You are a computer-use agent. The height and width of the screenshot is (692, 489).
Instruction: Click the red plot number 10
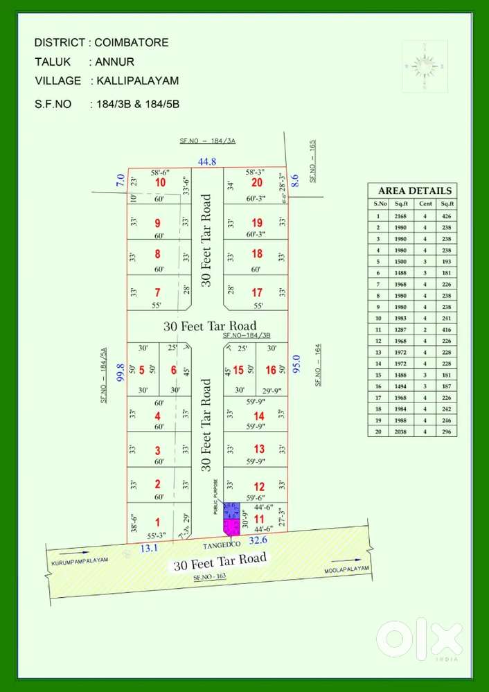[161, 183]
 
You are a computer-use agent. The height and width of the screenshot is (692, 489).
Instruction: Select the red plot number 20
[257, 183]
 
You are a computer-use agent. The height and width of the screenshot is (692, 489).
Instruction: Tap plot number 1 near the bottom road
[159, 522]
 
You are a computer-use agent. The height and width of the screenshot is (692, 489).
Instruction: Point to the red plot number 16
[271, 370]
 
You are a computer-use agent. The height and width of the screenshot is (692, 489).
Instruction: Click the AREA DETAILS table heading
[414, 190]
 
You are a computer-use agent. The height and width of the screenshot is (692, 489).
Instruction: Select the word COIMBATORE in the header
[132, 43]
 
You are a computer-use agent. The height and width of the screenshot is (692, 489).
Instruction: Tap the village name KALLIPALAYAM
[138, 81]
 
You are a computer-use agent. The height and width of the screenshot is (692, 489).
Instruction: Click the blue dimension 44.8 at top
[207, 161]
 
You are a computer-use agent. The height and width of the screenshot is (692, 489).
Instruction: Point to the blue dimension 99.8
[120, 373]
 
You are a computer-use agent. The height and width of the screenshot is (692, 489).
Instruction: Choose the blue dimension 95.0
[296, 364]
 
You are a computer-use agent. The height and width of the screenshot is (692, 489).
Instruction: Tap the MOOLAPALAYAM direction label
[347, 569]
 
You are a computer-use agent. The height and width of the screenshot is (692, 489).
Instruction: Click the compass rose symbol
[424, 65]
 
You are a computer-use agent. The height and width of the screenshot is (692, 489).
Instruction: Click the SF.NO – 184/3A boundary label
[208, 141]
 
